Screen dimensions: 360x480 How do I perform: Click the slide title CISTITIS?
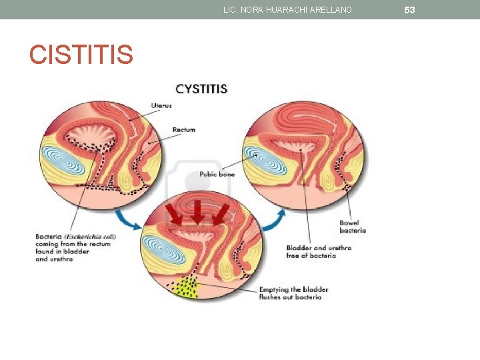click(81, 55)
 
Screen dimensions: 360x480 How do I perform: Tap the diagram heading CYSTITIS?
click(201, 89)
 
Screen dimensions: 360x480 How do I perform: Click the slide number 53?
click(409, 10)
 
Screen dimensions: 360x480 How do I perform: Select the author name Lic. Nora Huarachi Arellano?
click(287, 9)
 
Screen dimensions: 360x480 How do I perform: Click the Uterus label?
click(161, 105)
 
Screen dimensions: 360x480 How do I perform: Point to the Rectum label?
click(184, 129)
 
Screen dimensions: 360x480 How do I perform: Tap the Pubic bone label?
click(217, 175)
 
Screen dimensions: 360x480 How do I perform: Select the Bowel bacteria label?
click(353, 227)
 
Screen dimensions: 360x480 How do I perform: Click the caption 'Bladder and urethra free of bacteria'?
click(319, 251)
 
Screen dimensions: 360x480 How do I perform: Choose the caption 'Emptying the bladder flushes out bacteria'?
click(293, 293)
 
